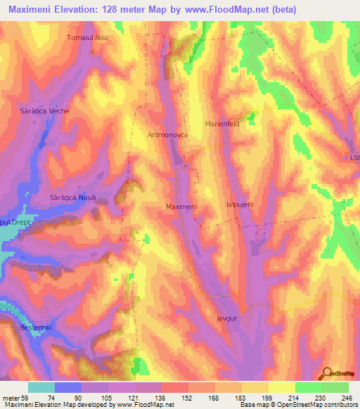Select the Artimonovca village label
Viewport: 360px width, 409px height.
tap(167, 134)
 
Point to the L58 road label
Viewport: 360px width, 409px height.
tap(354, 159)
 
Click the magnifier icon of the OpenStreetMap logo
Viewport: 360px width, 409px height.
tap(328, 373)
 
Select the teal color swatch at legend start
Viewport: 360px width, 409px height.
tap(41, 387)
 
